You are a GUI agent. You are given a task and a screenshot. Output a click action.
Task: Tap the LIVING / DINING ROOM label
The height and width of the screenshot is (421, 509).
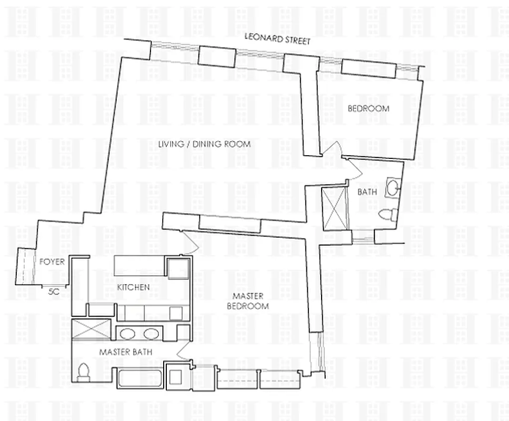click(x=204, y=144)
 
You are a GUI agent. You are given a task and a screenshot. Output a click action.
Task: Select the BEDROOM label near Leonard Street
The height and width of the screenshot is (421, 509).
click(x=368, y=109)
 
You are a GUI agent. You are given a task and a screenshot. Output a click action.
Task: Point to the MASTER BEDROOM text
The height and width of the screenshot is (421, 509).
click(x=248, y=301)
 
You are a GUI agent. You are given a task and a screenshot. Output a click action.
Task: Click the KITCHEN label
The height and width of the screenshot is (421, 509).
click(x=133, y=287)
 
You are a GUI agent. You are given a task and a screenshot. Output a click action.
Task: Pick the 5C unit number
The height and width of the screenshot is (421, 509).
click(x=53, y=291)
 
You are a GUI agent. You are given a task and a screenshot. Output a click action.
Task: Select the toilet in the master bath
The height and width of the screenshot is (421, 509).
click(x=83, y=372)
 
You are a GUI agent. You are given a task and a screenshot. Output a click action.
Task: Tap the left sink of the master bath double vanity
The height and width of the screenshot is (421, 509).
click(x=127, y=333)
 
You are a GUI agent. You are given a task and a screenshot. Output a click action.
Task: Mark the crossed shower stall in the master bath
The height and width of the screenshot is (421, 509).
click(x=92, y=329)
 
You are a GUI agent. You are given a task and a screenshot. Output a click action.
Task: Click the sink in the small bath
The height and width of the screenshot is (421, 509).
click(x=393, y=187)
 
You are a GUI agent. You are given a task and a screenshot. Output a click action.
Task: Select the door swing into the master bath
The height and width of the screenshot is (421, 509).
click(x=184, y=350)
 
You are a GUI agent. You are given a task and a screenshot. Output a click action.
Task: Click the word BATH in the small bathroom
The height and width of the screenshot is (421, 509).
click(x=366, y=192)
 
